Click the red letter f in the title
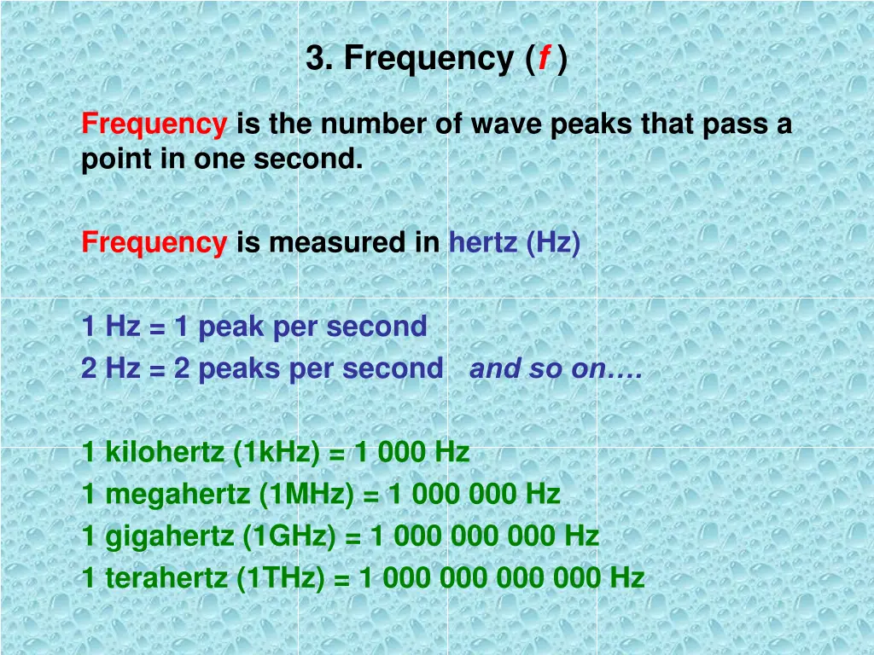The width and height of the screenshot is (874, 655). tap(543, 60)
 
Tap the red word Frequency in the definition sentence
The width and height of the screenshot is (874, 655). tap(154, 125)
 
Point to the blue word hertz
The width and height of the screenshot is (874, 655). tap(483, 244)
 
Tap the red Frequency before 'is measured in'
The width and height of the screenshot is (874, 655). tap(154, 244)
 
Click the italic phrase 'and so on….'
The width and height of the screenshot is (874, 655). tap(556, 369)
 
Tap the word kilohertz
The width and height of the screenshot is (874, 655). tap(166, 452)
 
